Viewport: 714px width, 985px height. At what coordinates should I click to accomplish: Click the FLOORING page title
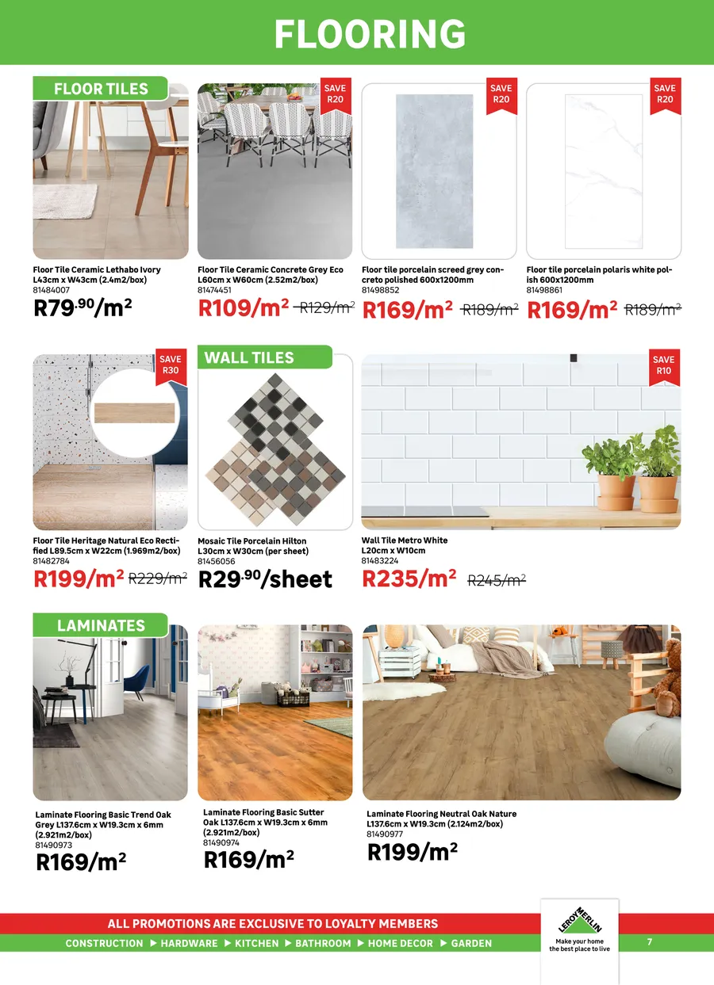[x=370, y=34]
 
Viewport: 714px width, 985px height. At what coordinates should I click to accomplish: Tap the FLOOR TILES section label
[x=101, y=89]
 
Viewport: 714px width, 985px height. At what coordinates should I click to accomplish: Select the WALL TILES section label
[x=249, y=357]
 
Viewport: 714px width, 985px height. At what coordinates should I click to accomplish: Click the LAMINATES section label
[x=101, y=625]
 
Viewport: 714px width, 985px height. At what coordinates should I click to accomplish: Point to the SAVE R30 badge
[x=170, y=365]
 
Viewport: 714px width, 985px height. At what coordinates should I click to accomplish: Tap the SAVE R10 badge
[x=663, y=365]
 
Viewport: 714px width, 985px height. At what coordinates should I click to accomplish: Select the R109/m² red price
[x=244, y=308]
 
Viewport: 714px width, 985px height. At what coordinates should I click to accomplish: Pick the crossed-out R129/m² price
[x=325, y=308]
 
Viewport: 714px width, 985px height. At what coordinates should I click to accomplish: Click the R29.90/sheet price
[x=265, y=579]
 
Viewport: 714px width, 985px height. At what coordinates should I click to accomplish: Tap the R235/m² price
[x=409, y=579]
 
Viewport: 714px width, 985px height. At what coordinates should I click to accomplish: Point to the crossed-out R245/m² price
[x=497, y=580]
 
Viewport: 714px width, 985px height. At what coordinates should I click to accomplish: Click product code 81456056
[x=216, y=561]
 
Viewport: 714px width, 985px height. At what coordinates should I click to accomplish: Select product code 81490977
[x=385, y=834]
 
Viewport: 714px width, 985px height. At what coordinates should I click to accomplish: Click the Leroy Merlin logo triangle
[x=579, y=922]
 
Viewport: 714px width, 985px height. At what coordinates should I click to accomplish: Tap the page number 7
[x=649, y=942]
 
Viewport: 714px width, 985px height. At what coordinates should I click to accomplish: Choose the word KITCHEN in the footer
[x=257, y=944]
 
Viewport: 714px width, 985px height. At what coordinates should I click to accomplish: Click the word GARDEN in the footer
[x=471, y=944]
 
